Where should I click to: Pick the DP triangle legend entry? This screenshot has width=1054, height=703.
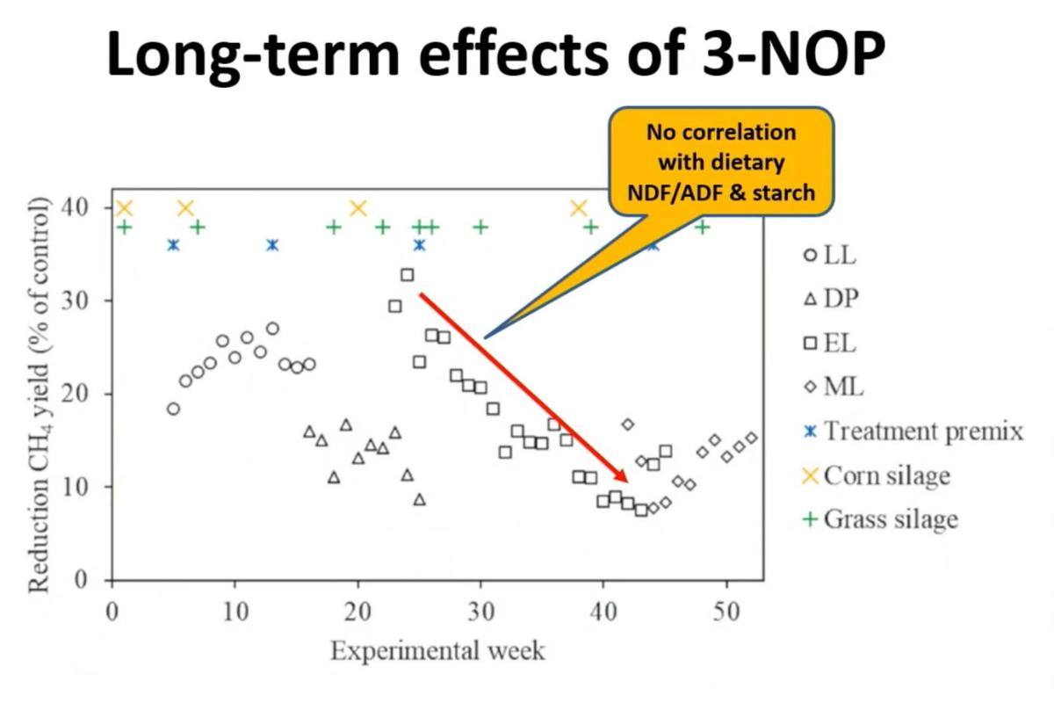pos(829,299)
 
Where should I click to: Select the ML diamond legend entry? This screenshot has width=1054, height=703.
pos(831,387)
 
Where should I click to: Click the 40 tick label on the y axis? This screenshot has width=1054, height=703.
pos(90,208)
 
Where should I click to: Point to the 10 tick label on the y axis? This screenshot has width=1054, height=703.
pos(90,487)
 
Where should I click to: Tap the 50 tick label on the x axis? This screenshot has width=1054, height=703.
pos(725,612)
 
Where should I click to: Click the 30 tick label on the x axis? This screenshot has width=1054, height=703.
pos(480,612)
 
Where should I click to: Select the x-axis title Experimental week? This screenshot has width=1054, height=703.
pos(437,651)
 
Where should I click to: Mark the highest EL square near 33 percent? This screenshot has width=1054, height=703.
pos(407,275)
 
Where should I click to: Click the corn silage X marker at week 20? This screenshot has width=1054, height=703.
pos(357,208)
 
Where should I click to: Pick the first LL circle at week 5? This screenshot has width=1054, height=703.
pos(173,409)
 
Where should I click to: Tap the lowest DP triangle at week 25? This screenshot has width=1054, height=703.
pos(419,499)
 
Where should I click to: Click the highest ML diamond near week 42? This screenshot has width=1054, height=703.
pos(627,424)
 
